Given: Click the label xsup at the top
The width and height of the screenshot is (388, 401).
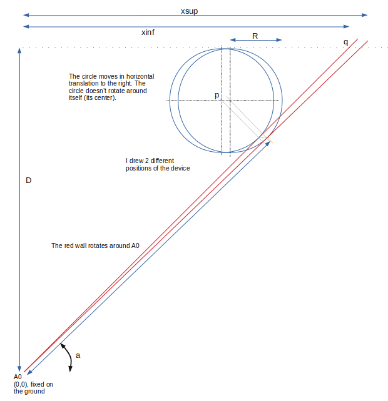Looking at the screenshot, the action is (x=189, y=11).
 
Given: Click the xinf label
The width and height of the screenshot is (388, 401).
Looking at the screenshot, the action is (x=148, y=32).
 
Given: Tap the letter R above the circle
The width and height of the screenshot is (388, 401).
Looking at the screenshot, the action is (x=255, y=36).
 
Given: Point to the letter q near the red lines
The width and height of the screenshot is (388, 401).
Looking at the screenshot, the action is (x=345, y=42).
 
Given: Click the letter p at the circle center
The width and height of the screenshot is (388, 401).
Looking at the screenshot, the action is (x=217, y=96).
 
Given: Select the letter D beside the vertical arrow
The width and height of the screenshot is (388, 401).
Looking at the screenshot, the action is (x=28, y=181).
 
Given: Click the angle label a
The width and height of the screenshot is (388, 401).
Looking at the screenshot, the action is (x=78, y=355).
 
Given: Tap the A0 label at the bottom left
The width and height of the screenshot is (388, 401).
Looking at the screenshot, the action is (x=18, y=377).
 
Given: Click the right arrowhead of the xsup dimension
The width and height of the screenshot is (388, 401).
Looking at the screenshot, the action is (x=365, y=15).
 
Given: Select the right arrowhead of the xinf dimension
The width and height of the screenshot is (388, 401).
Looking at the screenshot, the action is (x=346, y=26).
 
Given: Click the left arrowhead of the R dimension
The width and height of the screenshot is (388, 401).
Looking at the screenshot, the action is (x=233, y=40).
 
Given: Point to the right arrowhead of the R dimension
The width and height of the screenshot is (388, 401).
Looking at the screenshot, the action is (x=279, y=40).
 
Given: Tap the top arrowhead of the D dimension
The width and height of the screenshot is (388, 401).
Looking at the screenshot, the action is (x=19, y=51).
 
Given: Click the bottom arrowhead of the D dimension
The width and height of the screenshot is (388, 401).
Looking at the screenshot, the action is (x=19, y=369).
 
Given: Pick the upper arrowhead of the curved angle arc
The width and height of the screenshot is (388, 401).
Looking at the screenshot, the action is (x=63, y=346).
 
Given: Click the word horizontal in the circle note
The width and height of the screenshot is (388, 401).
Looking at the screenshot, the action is (x=140, y=76).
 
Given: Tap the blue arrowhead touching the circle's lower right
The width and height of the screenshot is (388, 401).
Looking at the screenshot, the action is (x=268, y=144).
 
